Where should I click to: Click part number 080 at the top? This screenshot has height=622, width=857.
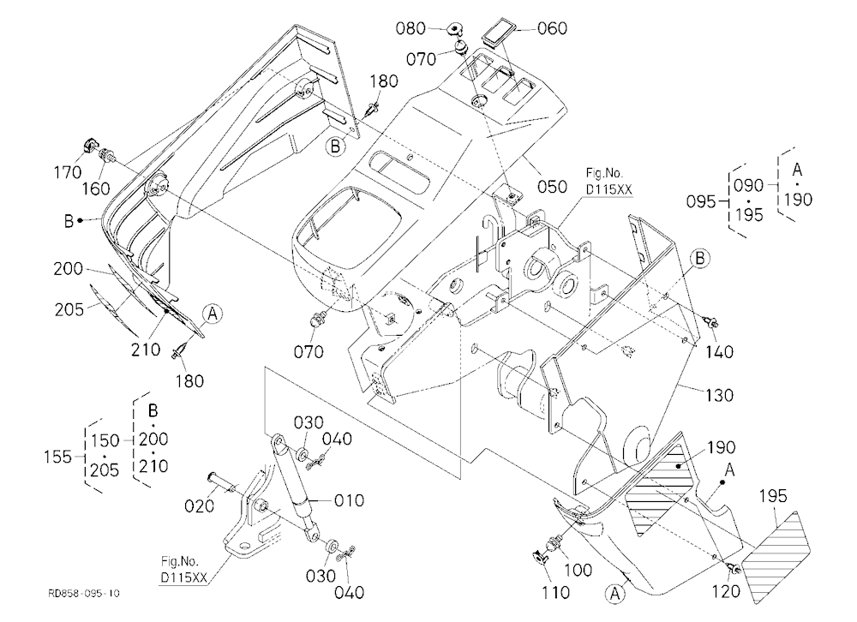pos(411,28)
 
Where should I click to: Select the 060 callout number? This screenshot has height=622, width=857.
pos(553,28)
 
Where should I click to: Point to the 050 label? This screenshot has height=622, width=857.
pos(552,187)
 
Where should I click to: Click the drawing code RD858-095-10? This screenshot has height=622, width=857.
pos(84,594)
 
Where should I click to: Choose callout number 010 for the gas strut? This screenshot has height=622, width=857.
pos(350,500)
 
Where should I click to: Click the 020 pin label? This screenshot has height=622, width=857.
pos(200,506)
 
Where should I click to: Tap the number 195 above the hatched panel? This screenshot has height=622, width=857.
pos(773,496)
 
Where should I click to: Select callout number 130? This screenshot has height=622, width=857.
pos(719,395)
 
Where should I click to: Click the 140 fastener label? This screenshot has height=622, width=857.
pos(719,352)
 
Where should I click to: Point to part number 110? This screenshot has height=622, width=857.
pos(555,592)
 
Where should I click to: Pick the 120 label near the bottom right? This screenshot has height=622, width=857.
pos(727,591)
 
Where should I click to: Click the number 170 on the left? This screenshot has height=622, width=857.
pos(68,173)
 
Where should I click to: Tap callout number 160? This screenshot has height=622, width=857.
pos(96,189)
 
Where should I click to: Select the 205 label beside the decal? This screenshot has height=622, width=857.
pos(69,309)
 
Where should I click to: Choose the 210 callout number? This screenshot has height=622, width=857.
pos(146,350)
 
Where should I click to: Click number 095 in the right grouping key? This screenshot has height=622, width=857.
pos(701,201)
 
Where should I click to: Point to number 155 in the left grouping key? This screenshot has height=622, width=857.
pos(57,457)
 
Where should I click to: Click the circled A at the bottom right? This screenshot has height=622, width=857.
pos(614,593)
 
